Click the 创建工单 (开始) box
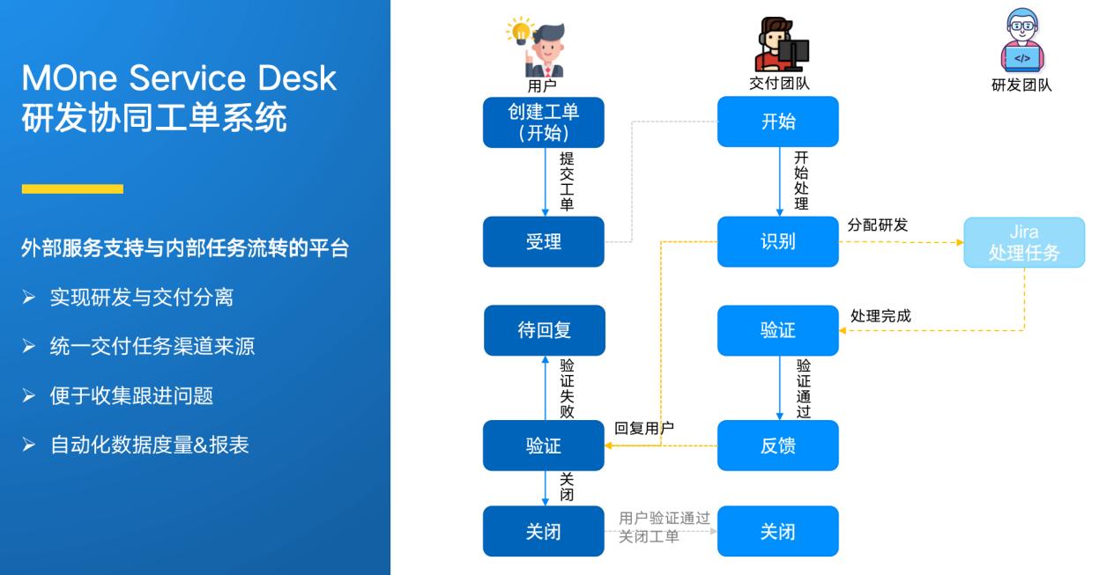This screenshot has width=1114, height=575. point(544,122)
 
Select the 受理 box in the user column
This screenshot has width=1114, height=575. point(544,242)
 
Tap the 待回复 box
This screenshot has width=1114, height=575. point(544,330)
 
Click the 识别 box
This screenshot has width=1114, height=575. point(777,242)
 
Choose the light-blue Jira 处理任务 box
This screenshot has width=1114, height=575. point(1023,243)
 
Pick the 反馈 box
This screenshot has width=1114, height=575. point(777,446)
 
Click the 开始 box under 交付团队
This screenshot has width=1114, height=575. point(777,122)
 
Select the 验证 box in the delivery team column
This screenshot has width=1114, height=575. point(777,330)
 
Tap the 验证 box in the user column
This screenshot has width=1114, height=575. point(544,446)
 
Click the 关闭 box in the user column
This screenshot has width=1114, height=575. point(544,531)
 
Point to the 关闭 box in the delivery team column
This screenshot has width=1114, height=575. point(777,531)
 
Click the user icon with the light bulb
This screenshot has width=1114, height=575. point(539,46)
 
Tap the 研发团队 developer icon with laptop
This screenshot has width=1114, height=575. point(1021,44)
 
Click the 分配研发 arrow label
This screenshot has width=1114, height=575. point(877,225)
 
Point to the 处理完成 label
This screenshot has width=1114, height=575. point(880,315)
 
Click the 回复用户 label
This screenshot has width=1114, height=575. point(644,428)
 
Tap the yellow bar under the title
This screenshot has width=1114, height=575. point(72,188)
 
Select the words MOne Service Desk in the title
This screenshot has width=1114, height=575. point(179,78)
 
